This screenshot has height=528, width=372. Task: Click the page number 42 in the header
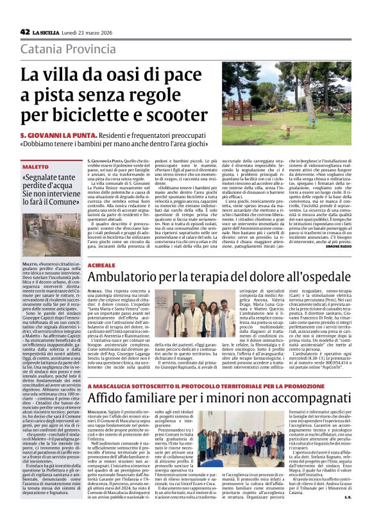tap(25, 32)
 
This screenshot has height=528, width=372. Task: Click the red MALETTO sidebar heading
tap(37, 166)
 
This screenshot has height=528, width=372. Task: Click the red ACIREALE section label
tap(103, 264)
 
